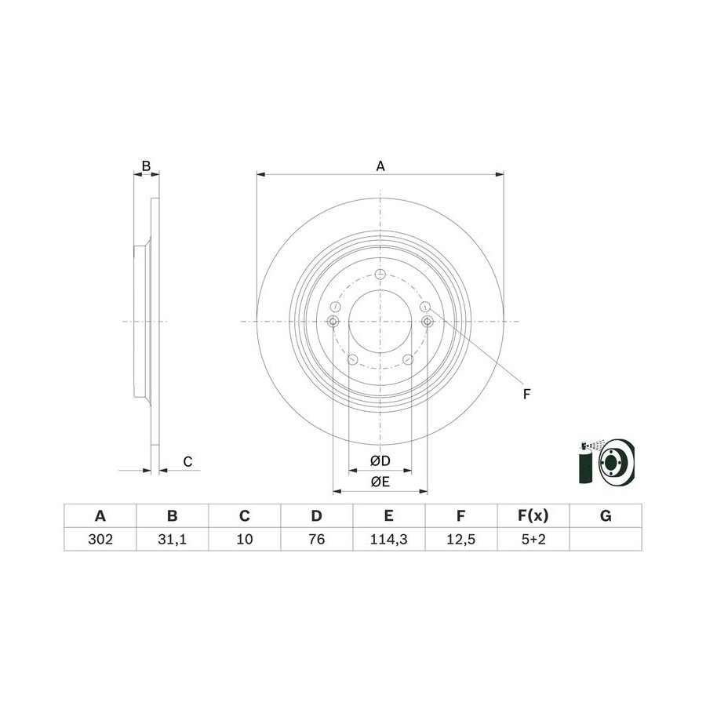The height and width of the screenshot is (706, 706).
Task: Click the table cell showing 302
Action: click(100, 539)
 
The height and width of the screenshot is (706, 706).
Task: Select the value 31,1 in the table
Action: click(173, 539)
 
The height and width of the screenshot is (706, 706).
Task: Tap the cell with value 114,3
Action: click(389, 539)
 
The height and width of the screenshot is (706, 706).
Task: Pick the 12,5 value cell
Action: click(461, 539)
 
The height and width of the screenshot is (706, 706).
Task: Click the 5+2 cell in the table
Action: click(533, 539)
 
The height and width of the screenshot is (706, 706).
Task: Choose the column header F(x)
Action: click(533, 515)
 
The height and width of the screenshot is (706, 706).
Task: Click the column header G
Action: click(606, 515)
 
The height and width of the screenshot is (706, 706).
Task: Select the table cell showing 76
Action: click(317, 539)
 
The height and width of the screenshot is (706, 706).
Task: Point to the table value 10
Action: click(245, 539)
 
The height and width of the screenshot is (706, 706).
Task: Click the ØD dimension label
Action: click(380, 460)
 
